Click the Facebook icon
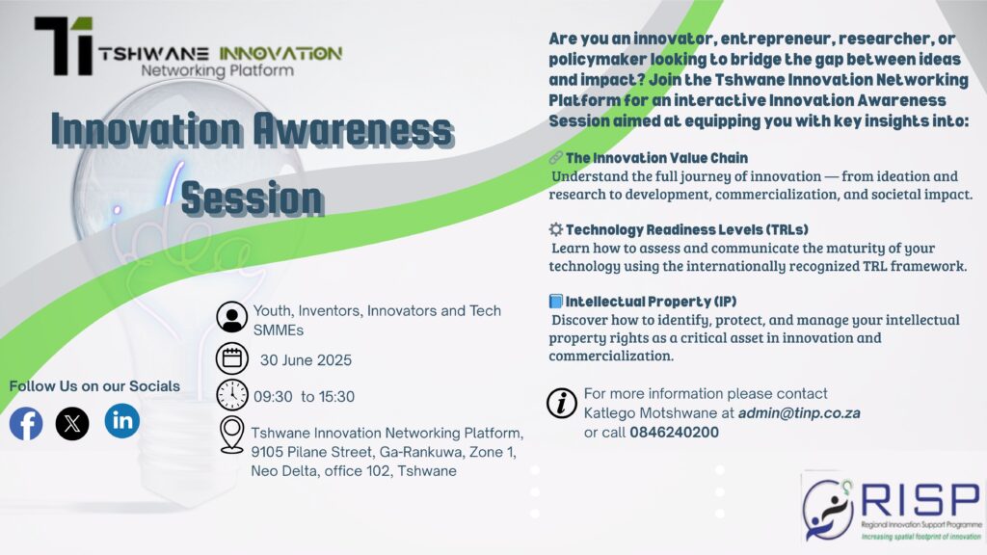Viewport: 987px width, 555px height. tap(26, 424)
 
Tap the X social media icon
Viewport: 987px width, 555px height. tap(72, 424)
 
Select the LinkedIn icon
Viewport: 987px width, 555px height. tap(122, 420)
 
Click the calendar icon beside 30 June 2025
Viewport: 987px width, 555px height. tap(231, 358)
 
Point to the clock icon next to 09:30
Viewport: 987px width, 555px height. tap(231, 395)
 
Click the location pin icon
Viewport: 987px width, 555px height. tap(231, 435)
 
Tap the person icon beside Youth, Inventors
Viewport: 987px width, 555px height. tap(231, 317)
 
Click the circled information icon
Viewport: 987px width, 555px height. tap(562, 403)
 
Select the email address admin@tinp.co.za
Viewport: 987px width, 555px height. tap(799, 412)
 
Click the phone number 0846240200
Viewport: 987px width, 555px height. tap(674, 433)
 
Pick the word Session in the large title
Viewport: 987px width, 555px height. tap(253, 198)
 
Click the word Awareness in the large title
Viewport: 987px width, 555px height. tap(353, 130)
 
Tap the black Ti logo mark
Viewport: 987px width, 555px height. tap(64, 46)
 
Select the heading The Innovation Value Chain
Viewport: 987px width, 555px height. tap(656, 158)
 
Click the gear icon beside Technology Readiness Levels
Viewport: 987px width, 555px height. tap(555, 229)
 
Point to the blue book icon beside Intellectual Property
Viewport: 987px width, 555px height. tap(555, 301)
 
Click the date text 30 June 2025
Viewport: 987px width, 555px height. tap(306, 360)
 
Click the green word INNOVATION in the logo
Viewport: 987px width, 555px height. tap(280, 54)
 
